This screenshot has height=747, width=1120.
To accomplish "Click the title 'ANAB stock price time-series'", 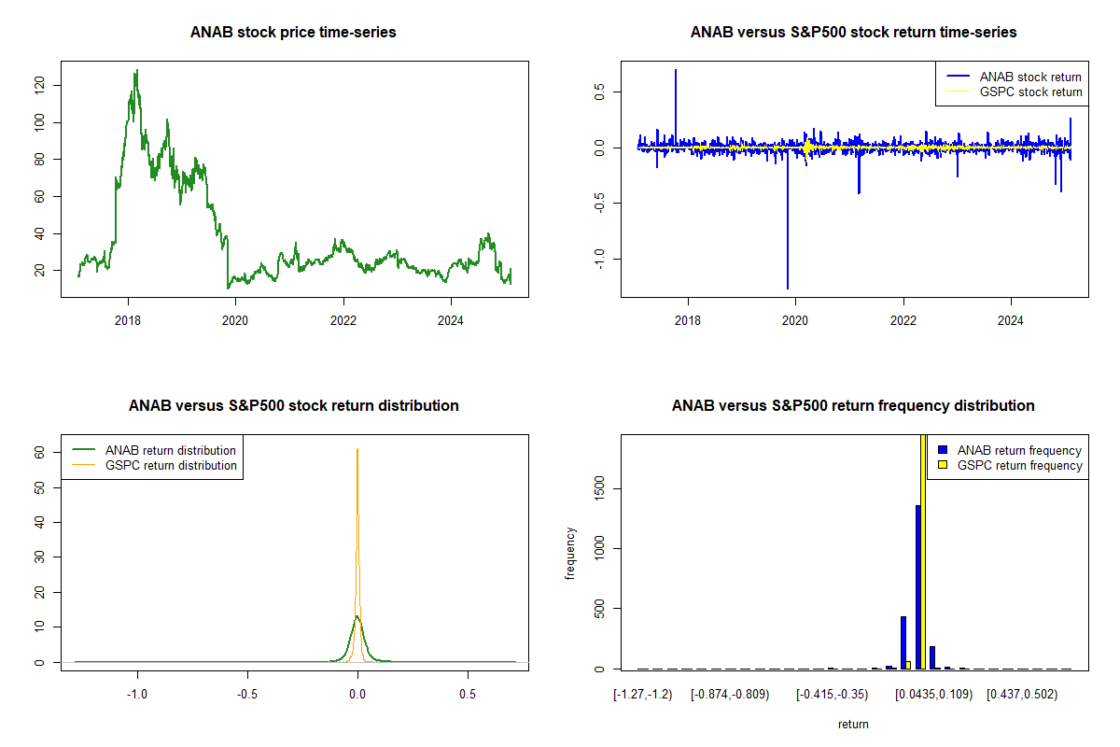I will [x=293, y=33].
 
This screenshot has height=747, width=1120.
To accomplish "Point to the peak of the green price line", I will [x=136, y=71].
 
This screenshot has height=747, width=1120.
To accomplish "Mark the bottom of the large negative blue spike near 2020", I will [x=788, y=288].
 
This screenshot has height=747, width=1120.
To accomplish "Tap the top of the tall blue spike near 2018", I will [x=676, y=70].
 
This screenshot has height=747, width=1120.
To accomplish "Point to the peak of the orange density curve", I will [x=357, y=450].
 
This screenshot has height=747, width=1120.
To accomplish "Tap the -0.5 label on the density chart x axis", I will [x=247, y=694].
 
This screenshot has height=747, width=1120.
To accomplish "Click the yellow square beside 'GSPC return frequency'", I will [x=944, y=465].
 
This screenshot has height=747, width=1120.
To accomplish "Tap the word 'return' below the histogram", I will [x=853, y=724].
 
